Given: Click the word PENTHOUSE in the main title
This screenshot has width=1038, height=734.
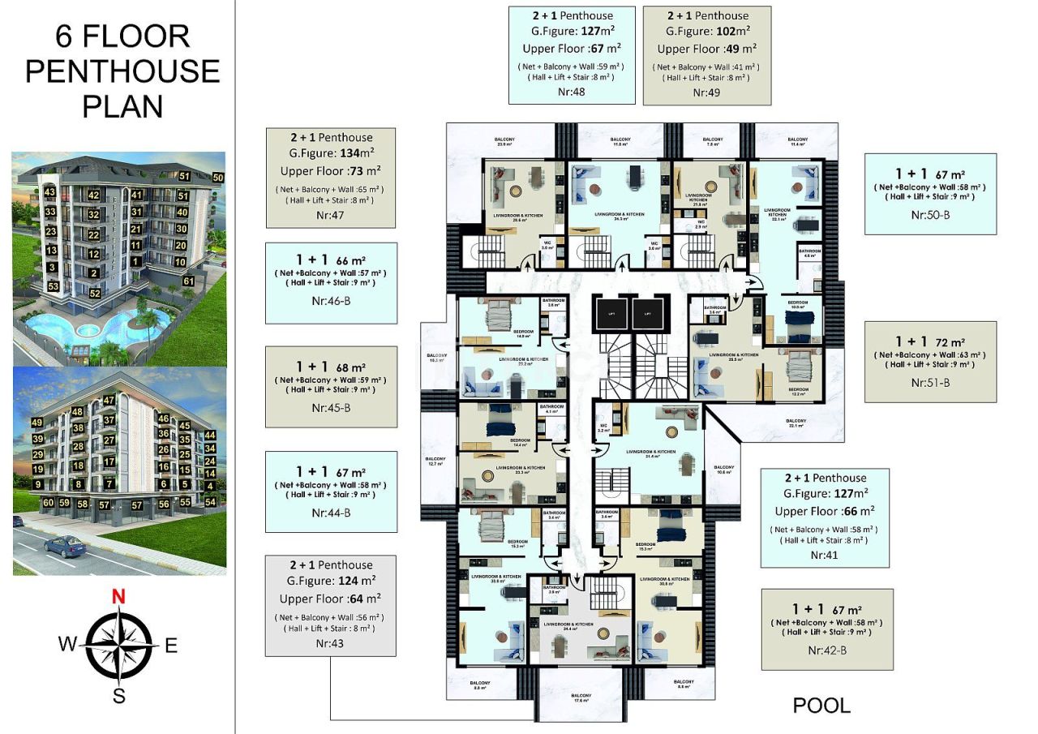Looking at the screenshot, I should pyautogui.click(x=122, y=71).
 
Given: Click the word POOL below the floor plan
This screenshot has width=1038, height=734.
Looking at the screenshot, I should pyautogui.click(x=821, y=706).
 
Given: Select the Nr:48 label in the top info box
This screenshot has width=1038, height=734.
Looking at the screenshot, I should pyautogui.click(x=572, y=92).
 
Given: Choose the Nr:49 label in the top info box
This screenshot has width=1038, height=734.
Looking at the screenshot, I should pyautogui.click(x=706, y=92).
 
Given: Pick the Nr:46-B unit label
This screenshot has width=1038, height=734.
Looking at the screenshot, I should pyautogui.click(x=331, y=300).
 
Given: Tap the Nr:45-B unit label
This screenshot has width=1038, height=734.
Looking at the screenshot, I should pyautogui.click(x=331, y=407).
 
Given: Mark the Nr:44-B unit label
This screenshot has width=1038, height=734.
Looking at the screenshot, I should pyautogui.click(x=331, y=513).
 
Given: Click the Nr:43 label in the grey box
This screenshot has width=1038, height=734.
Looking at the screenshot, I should pyautogui.click(x=330, y=643).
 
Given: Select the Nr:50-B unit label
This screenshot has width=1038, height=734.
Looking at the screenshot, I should pyautogui.click(x=930, y=215).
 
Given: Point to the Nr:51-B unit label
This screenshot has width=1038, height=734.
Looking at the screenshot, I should pyautogui.click(x=930, y=382).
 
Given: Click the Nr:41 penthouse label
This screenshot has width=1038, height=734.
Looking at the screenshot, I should pyautogui.click(x=826, y=556).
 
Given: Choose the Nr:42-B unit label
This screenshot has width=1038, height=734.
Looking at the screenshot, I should pyautogui.click(x=827, y=650).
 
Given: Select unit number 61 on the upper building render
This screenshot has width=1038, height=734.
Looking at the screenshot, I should pyautogui.click(x=188, y=281).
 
